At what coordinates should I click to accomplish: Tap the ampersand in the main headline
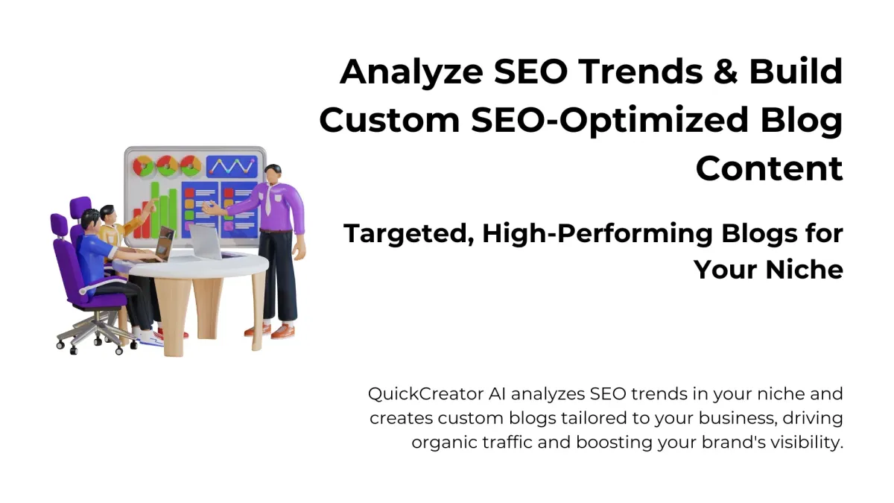(725, 72)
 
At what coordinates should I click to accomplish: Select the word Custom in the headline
(389, 120)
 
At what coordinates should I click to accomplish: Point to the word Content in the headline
(769, 169)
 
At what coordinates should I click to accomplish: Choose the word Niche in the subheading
(804, 270)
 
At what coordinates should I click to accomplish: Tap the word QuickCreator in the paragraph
(425, 394)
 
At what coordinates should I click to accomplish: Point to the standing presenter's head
(273, 174)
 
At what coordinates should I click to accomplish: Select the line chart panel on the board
(232, 166)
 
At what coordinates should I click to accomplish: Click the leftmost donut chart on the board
(142, 166)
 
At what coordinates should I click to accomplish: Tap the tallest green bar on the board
(155, 210)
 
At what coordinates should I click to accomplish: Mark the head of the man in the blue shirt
(92, 220)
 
